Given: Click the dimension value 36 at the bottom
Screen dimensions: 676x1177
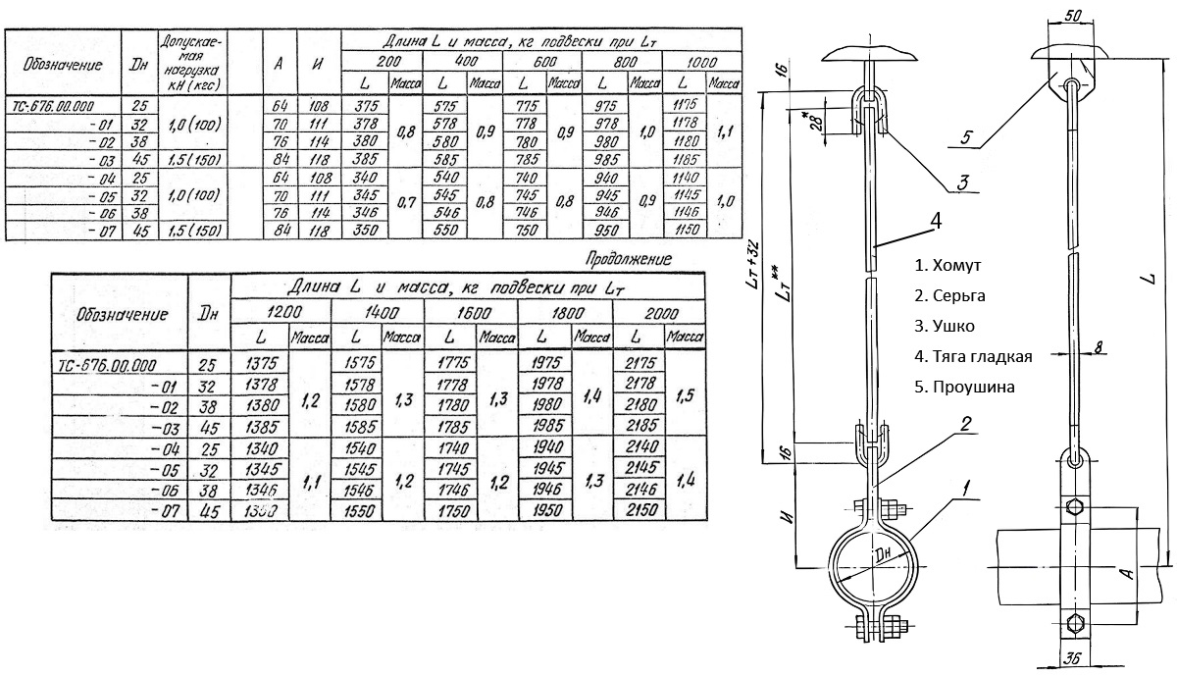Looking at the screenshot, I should click(1076, 658).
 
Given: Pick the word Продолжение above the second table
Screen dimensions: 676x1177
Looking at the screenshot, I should click(628, 259).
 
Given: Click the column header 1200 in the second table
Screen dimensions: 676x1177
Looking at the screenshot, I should click(281, 313).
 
